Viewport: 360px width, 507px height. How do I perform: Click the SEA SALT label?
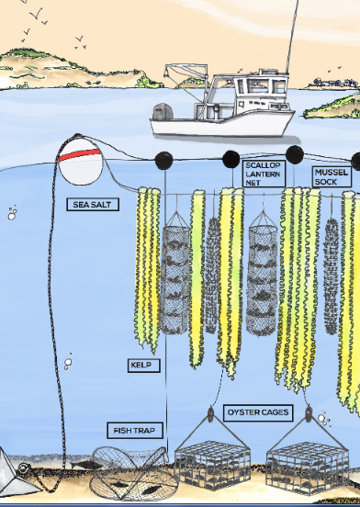point(94,204)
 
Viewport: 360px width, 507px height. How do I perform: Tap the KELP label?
point(143,366)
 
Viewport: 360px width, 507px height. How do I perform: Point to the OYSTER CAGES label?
point(257,412)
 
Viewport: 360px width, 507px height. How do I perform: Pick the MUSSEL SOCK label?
point(331,176)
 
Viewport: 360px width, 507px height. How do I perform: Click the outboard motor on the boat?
point(163,113)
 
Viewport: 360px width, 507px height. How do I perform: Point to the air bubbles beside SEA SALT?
point(12,214)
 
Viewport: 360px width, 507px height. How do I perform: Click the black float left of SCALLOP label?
point(231,159)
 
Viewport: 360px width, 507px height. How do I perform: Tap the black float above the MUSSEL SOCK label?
point(294,154)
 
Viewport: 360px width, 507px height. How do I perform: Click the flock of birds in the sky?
point(46,18)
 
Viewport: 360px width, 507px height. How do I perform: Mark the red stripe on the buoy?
point(78,155)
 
